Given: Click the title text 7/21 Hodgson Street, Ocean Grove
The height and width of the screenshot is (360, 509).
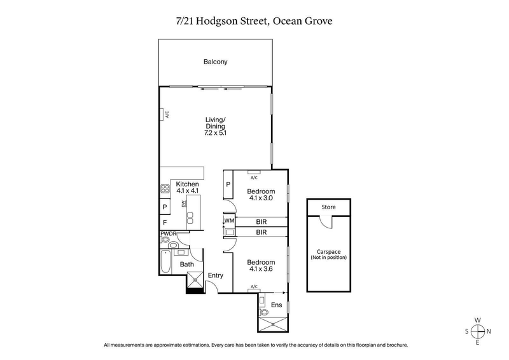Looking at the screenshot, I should (x=254, y=20).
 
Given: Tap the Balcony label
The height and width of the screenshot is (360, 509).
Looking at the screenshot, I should (x=216, y=62).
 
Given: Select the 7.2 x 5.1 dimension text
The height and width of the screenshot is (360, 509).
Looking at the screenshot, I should (x=216, y=134).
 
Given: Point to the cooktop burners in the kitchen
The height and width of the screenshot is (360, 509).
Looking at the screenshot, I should (x=164, y=189).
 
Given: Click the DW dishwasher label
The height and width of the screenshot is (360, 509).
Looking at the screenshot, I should (x=184, y=204).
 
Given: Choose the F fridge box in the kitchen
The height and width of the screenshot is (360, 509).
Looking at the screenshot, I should (x=165, y=223).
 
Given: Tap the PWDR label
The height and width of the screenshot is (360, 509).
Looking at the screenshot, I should (x=168, y=234).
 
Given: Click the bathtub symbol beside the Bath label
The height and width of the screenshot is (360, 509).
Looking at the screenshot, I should (x=165, y=262).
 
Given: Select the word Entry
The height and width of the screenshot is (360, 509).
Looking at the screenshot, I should (x=216, y=275).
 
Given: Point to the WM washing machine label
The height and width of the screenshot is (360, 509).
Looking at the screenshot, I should (x=229, y=221).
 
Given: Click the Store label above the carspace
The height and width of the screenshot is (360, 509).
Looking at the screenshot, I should (x=328, y=207).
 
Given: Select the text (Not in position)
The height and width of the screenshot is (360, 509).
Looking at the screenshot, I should (x=328, y=257).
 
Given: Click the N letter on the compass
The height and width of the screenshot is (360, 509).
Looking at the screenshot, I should (x=489, y=331).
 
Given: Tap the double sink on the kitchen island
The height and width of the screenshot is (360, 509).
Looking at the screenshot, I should (x=190, y=218).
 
